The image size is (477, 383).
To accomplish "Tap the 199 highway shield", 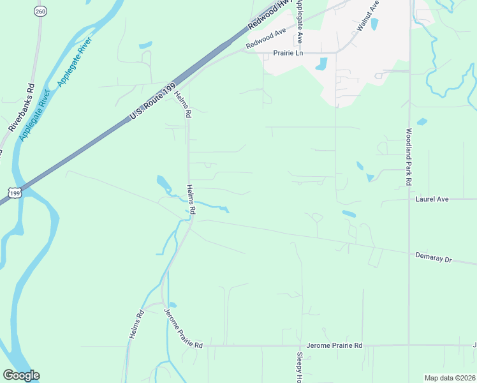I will tap(15, 191).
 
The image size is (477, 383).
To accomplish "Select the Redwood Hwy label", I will tap(266, 15).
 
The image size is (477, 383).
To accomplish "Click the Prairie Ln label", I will tap(288, 53).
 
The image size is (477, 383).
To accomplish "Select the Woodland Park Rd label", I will tap(409, 157).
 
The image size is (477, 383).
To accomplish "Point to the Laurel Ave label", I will tap(432, 199).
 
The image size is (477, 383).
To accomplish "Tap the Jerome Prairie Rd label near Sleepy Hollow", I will tap(334, 345).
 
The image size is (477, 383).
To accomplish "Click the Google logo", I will tap(21, 375).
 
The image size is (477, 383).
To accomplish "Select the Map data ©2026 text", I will tap(450, 378).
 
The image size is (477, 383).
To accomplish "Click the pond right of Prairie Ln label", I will tap(322, 64).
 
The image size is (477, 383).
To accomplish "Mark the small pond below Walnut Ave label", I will tap(374, 25).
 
